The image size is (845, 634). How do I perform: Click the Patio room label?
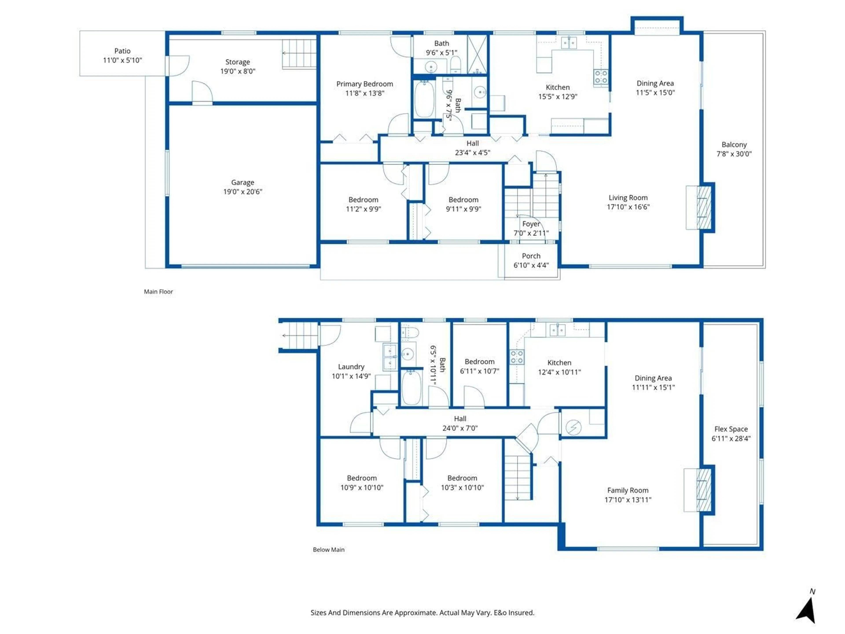[x=122, y=51]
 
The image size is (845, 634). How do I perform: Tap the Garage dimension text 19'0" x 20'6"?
[x=242, y=192]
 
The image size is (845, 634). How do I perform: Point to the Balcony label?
[x=734, y=144]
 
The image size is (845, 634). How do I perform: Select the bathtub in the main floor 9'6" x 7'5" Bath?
[x=424, y=99]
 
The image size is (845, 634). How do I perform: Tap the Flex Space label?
[x=731, y=429]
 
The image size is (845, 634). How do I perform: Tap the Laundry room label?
[x=351, y=367]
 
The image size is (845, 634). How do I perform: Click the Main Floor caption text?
[x=158, y=292]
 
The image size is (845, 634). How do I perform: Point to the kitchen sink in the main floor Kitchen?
[x=569, y=42]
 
